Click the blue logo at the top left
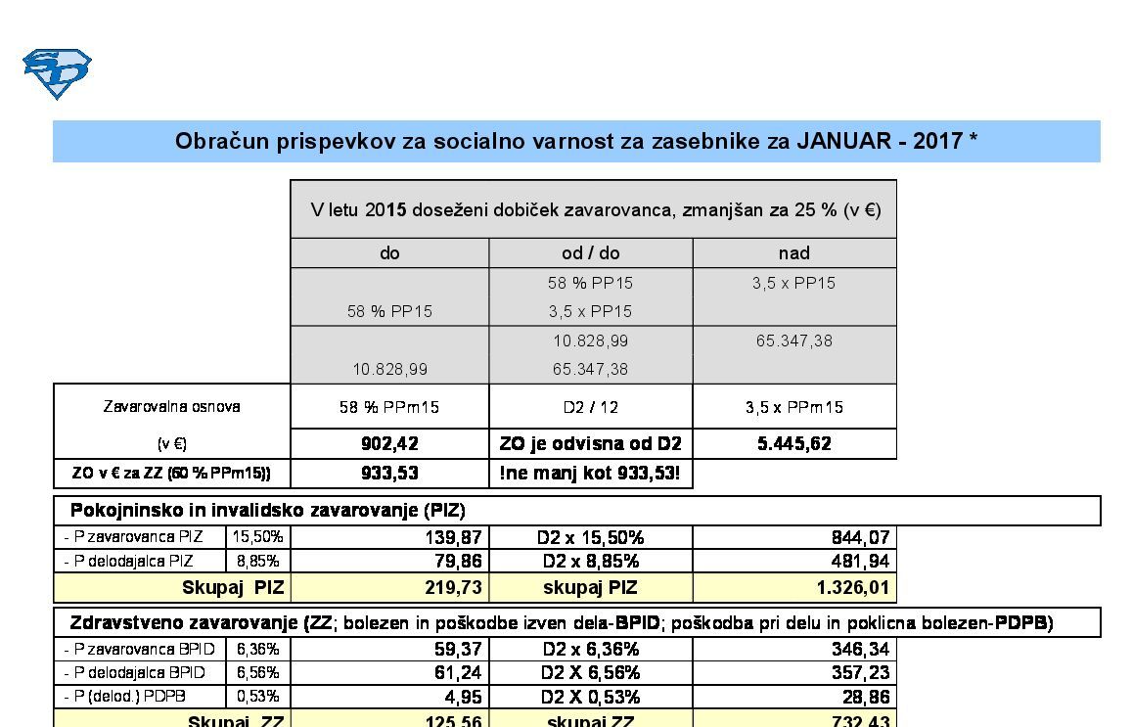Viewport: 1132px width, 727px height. pyautogui.click(x=57, y=73)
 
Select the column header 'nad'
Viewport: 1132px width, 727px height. pyautogui.click(x=793, y=253)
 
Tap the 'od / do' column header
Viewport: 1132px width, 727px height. pyautogui.click(x=590, y=253)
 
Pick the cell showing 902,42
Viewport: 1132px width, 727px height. pyautogui.click(x=389, y=443)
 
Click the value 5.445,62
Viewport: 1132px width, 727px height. pyautogui.click(x=793, y=443)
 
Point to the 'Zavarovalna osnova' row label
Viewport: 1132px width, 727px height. pyautogui.click(x=171, y=406)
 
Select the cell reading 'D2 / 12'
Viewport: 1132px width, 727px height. pyautogui.click(x=590, y=407)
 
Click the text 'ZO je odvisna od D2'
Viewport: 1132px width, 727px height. pyautogui.click(x=590, y=443)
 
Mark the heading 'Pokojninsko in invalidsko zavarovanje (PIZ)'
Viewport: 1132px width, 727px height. pyautogui.click(x=267, y=511)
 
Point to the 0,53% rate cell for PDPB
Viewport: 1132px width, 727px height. pyautogui.click(x=258, y=697)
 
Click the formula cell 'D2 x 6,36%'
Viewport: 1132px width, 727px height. pyautogui.click(x=590, y=649)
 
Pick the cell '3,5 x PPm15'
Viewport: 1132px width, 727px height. pyautogui.click(x=793, y=407)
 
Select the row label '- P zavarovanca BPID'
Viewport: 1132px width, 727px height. pyautogui.click(x=135, y=649)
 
